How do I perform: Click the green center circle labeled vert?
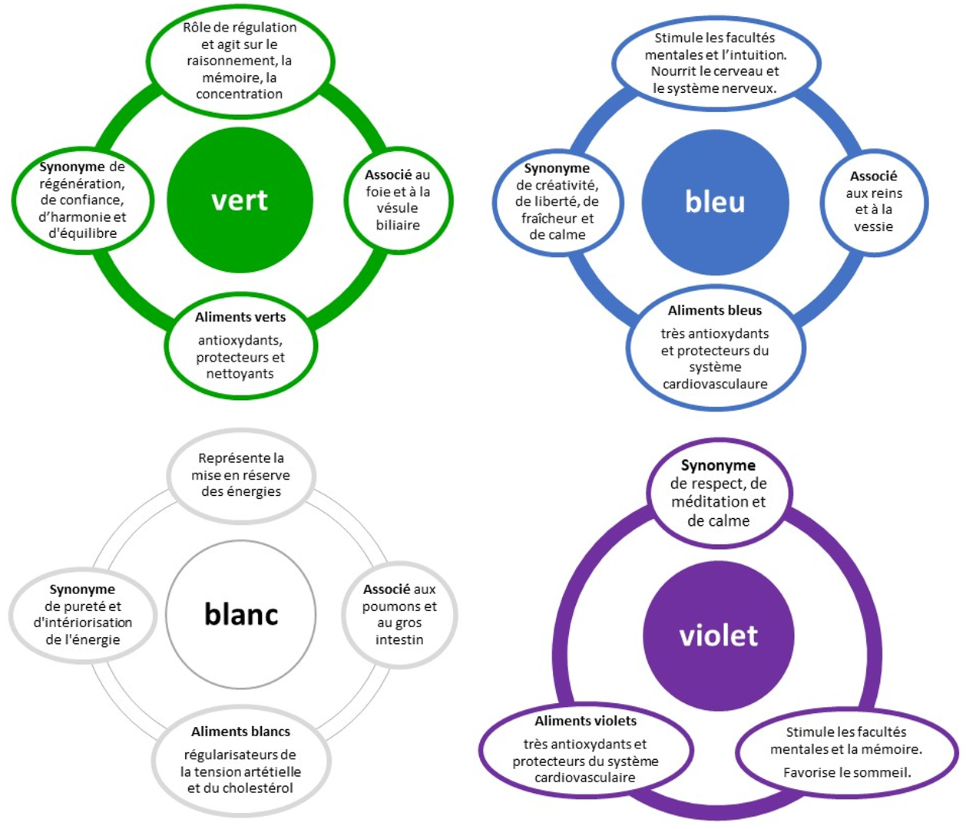click(x=240, y=200)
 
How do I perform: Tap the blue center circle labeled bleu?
click(x=715, y=202)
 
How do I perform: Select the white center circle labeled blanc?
click(x=241, y=614)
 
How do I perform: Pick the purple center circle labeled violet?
click(x=718, y=636)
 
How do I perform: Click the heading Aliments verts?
click(x=240, y=317)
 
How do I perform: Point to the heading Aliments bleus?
click(x=715, y=310)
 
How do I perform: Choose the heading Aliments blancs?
click(x=241, y=732)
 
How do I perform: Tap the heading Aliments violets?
click(x=586, y=721)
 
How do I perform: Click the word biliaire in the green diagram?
click(x=398, y=225)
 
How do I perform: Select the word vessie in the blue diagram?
click(x=874, y=226)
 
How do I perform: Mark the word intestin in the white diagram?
click(x=399, y=639)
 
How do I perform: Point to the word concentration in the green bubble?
click(x=239, y=94)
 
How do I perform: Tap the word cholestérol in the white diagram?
click(x=257, y=788)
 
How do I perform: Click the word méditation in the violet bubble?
click(x=710, y=502)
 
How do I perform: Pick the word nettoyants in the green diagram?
click(x=240, y=374)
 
